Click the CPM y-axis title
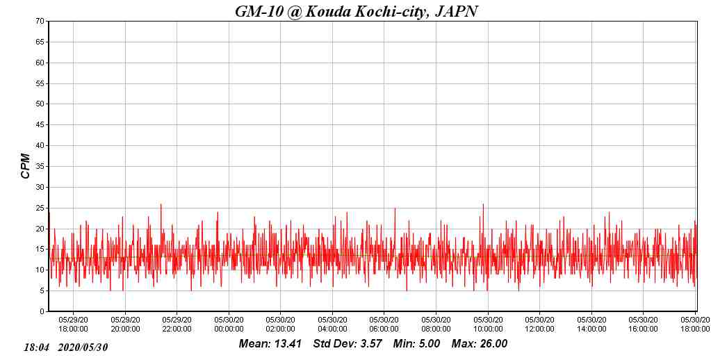[x=26, y=166]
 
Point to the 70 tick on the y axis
[x=40, y=22]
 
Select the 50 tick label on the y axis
[x=40, y=104]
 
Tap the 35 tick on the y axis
[x=40, y=167]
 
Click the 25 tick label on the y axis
[x=40, y=208]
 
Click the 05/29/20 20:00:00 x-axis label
[x=126, y=324]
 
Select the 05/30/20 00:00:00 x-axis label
[x=229, y=324]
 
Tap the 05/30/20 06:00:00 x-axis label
[x=384, y=324]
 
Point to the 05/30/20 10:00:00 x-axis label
[x=488, y=324]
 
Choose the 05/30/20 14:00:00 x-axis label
[x=591, y=324]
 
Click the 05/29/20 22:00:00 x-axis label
[x=177, y=324]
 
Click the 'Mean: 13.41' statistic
[x=270, y=344]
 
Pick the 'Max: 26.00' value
[x=480, y=344]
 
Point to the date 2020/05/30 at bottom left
[x=83, y=347]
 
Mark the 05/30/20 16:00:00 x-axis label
[x=644, y=324]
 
